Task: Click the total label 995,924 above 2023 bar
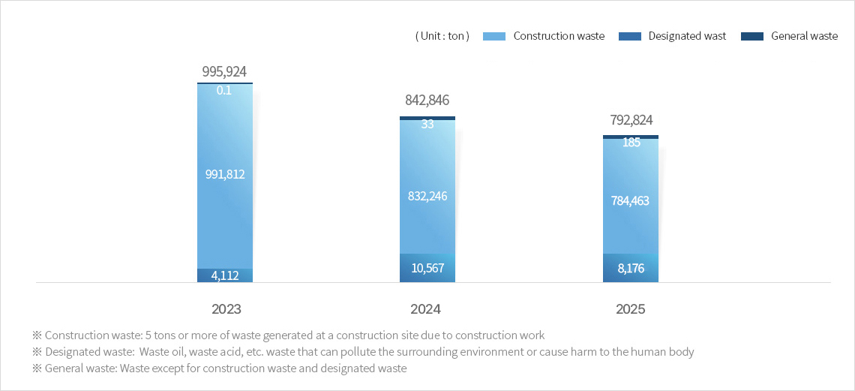coord(224,72)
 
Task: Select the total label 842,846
coord(427,101)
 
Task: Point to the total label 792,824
coord(631,120)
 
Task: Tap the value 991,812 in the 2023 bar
coord(224,174)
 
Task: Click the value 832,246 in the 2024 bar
coord(427,196)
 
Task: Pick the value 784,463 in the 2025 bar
coord(631,200)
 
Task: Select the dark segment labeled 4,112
coord(224,275)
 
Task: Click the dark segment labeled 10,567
coord(427,268)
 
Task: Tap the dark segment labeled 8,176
coord(631,268)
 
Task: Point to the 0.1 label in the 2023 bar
coord(224,90)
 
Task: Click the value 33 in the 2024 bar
coord(427,125)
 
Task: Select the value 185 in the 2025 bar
coord(631,142)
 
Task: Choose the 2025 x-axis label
coord(631,309)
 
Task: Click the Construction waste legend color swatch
coord(495,36)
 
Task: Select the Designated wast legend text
coord(687,36)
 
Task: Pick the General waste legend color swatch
coord(751,36)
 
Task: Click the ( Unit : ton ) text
coord(442,36)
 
